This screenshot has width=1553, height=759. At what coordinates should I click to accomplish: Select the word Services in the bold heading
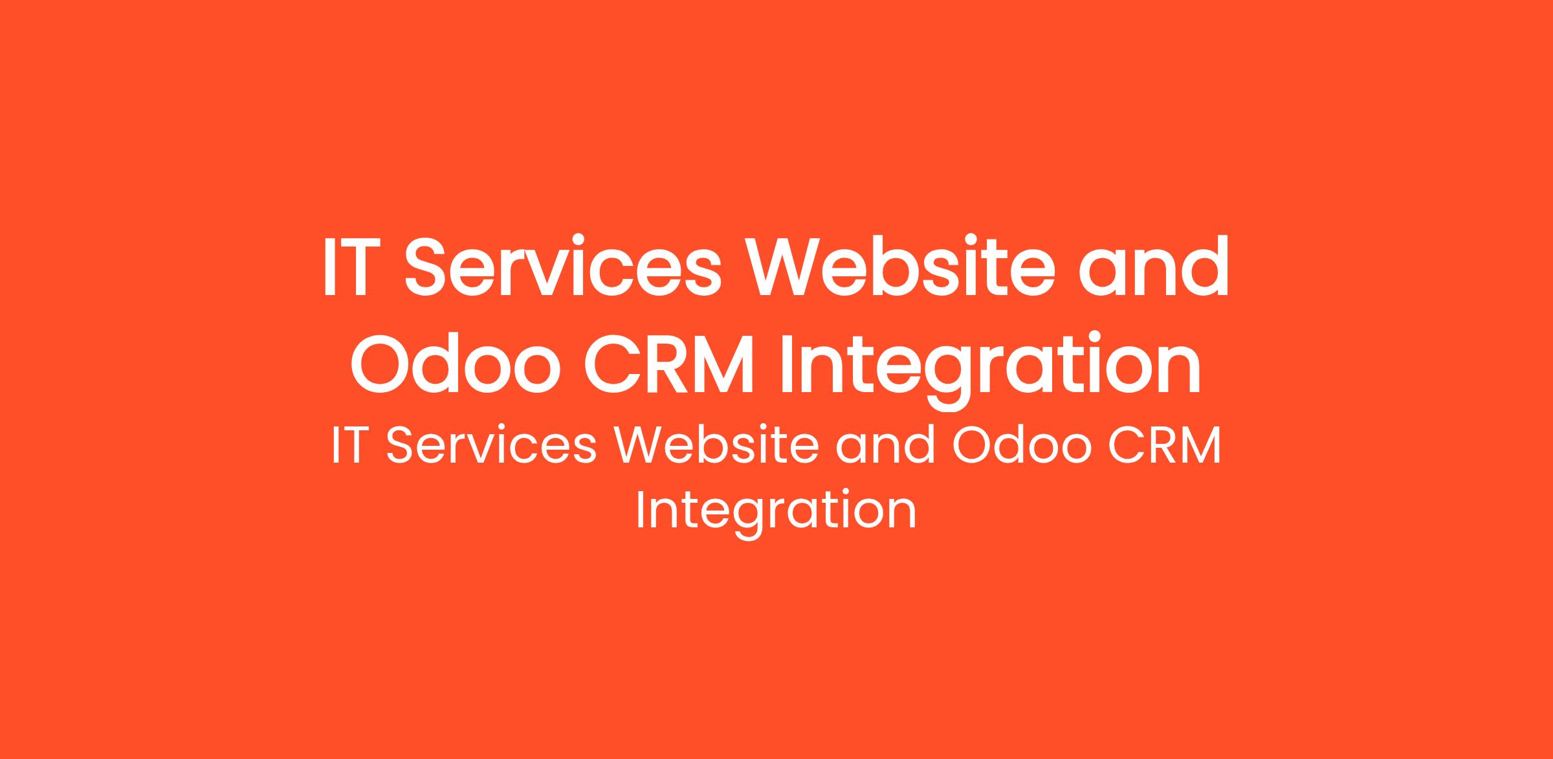563,267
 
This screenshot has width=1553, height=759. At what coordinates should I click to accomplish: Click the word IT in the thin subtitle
350,446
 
